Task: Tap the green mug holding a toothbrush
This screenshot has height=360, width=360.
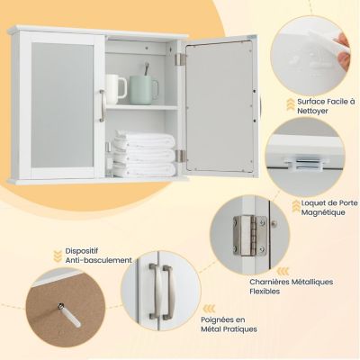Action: (x=143, y=90)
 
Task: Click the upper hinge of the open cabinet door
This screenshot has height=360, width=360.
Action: (x=181, y=59)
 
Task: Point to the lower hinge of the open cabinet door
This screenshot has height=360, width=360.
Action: (x=181, y=157)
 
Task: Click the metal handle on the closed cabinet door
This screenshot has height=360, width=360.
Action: (x=102, y=105)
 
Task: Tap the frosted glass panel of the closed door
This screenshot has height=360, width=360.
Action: (x=62, y=105)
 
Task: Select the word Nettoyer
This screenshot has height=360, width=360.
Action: (x=313, y=111)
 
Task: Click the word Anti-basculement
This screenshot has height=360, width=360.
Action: (x=99, y=260)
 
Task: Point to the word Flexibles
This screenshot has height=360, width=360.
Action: (x=265, y=292)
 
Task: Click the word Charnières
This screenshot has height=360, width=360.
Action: (x=269, y=282)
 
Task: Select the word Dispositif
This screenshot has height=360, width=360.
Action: (x=82, y=251)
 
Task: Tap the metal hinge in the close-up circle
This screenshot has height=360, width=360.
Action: (x=250, y=236)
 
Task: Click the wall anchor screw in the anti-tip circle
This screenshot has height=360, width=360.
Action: (x=69, y=315)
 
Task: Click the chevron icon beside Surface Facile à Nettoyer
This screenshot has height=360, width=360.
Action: (x=290, y=103)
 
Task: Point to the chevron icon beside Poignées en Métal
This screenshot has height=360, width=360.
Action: (x=209, y=309)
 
